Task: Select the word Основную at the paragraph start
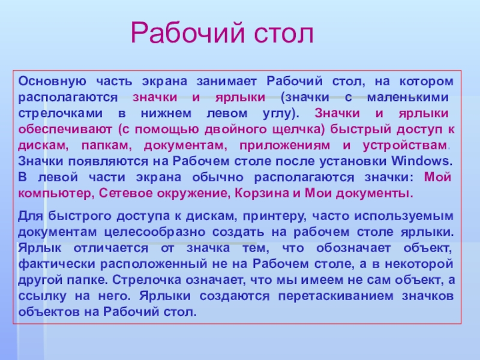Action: (52, 82)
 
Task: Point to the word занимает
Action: (227, 82)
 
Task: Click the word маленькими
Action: (408, 97)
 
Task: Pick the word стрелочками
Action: (61, 113)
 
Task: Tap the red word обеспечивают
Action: (65, 130)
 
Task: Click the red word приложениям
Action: (284, 145)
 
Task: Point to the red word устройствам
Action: (405, 145)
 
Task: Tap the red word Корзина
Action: (262, 193)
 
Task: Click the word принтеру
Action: (274, 216)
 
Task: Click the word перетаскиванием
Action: (336, 296)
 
